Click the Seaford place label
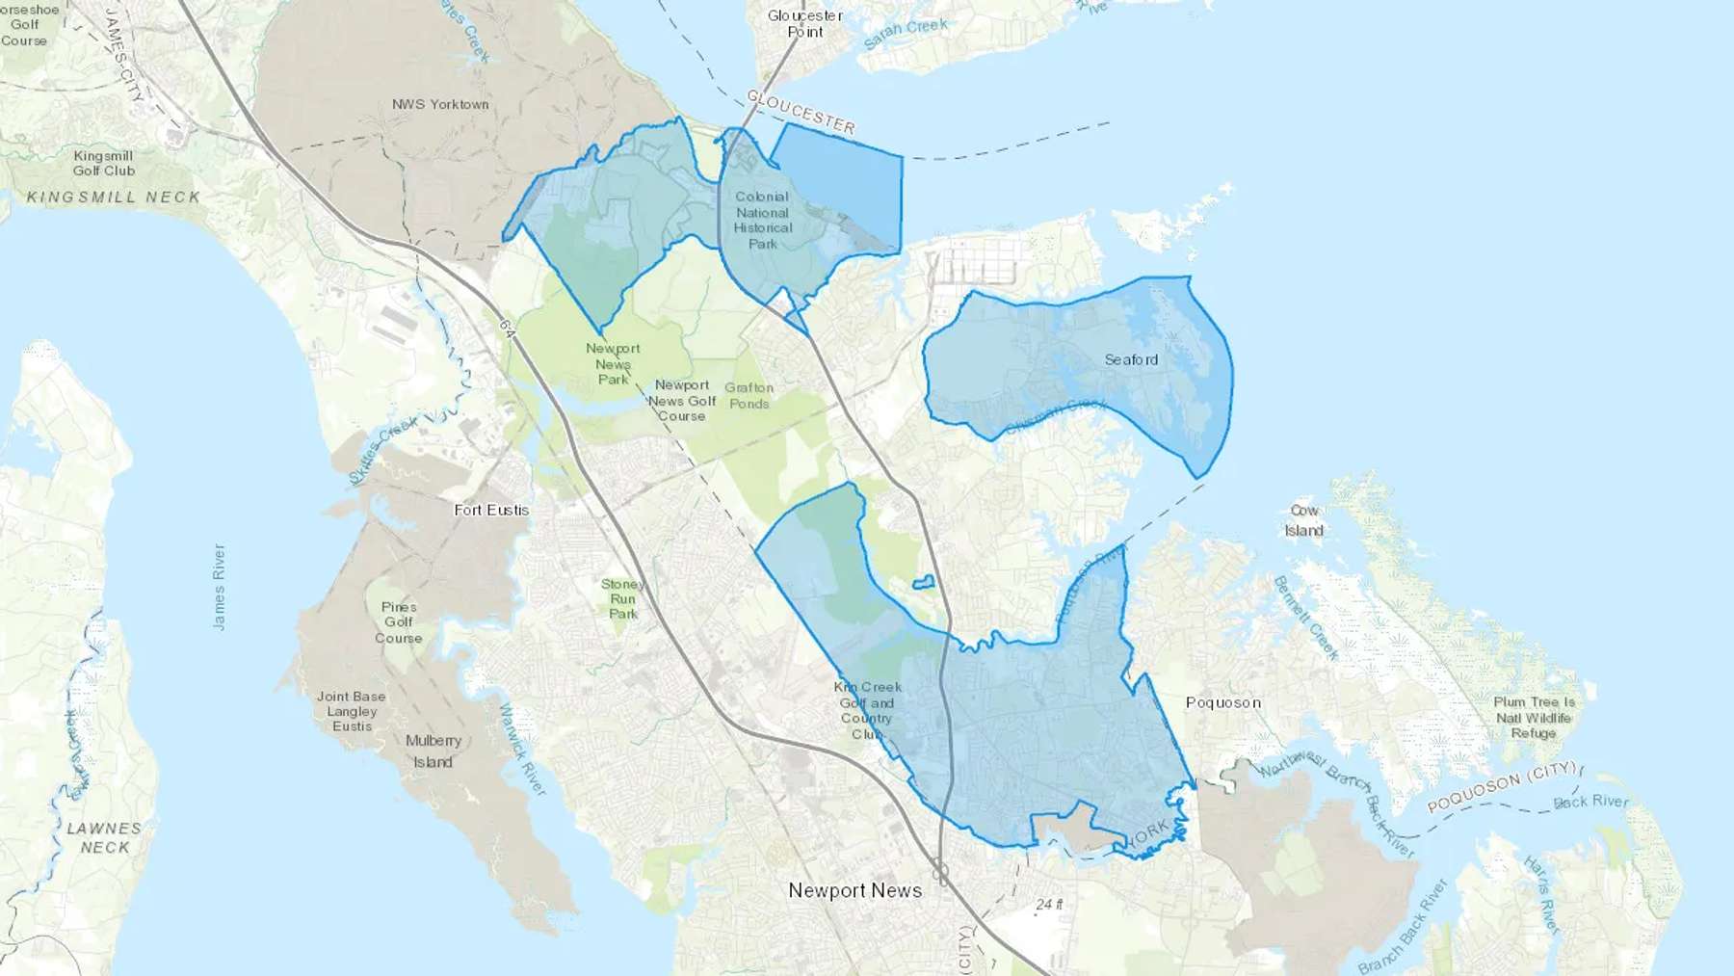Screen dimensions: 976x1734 (x=1131, y=359)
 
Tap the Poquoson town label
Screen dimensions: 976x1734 (x=1222, y=702)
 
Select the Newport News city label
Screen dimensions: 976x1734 (x=854, y=890)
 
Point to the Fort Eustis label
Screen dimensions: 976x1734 (x=491, y=510)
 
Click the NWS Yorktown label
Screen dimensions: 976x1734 (x=440, y=104)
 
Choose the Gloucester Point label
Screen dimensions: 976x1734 (x=805, y=24)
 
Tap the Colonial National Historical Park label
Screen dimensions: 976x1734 (x=763, y=220)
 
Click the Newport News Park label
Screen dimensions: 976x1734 (x=613, y=363)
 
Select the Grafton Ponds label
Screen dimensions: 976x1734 (x=749, y=395)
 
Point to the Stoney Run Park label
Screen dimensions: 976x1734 (x=622, y=598)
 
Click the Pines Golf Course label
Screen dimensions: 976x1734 (x=399, y=622)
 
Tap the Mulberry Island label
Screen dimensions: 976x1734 (x=433, y=751)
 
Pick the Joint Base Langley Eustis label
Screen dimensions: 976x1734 (x=352, y=711)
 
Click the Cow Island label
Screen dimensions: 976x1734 (x=1303, y=520)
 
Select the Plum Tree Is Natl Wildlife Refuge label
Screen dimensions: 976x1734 (x=1534, y=718)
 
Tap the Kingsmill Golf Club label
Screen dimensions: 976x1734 (x=104, y=163)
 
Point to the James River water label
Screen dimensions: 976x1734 (x=219, y=587)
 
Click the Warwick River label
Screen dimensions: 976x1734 (x=521, y=750)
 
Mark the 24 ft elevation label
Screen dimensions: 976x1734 (x=1049, y=904)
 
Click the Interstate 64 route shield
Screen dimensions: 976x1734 (x=508, y=328)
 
